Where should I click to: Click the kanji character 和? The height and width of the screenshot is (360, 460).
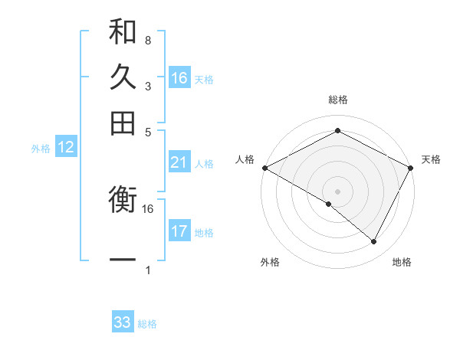point(123,32)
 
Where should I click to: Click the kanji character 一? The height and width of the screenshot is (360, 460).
point(123,260)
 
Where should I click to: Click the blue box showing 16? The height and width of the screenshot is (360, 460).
point(179,78)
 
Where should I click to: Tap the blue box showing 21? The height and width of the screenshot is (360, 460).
point(179,162)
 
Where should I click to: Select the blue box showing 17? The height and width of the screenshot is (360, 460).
point(179,231)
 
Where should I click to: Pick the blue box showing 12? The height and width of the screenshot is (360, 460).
point(66,148)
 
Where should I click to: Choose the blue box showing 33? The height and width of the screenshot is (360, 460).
point(123,322)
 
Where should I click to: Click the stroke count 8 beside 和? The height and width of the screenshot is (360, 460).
point(147,40)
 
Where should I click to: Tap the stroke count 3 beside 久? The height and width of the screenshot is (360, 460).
point(147,86)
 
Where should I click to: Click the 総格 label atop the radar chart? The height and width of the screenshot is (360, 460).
point(337,100)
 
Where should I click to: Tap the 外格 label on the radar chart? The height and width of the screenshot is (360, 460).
point(270,262)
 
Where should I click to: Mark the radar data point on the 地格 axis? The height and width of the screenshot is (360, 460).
point(374,242)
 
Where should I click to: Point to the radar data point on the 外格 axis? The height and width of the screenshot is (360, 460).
point(329,204)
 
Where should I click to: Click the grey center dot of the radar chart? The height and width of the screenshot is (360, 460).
point(337,191)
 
